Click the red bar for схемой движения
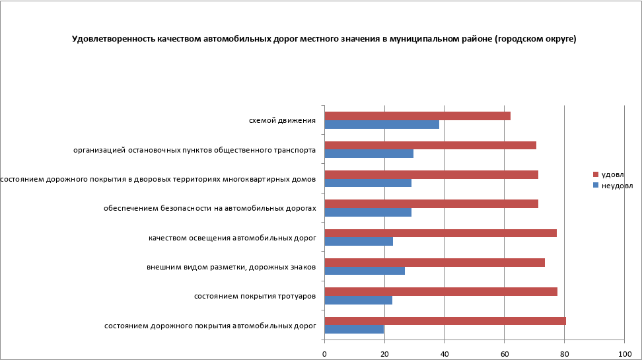417,116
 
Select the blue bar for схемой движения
382,124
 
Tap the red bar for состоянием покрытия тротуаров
441,291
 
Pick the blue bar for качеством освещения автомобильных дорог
359,242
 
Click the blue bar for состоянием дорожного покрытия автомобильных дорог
354,329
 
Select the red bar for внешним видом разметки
435,262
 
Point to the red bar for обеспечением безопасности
431,204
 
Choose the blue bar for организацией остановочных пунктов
369,154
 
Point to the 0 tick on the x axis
324,354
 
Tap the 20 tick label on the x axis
384,354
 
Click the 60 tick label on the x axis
504,354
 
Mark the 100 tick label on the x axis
624,354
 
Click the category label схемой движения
282,120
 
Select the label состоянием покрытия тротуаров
254,296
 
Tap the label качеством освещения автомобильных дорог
232,238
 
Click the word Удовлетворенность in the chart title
113,39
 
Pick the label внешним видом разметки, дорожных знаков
231,267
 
